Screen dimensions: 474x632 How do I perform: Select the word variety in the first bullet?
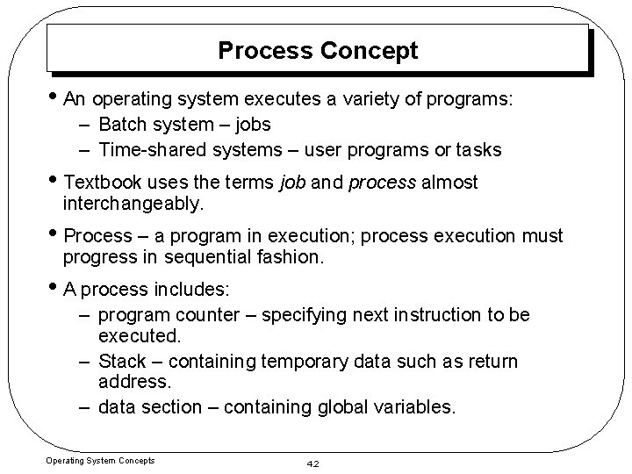[380, 99]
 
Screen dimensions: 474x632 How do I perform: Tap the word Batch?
[126, 124]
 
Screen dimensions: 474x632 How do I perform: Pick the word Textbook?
[102, 182]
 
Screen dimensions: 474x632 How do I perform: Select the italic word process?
[383, 182]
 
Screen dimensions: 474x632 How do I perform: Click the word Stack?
[122, 361]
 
